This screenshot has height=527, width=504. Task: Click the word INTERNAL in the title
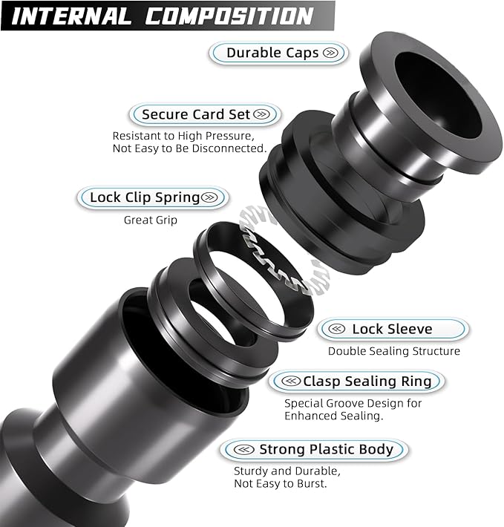point(71,16)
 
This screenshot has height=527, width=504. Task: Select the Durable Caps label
point(273,53)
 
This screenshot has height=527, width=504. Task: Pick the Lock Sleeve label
point(392,329)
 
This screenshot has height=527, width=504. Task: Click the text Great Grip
point(151,220)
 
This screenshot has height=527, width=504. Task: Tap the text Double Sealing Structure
point(394,351)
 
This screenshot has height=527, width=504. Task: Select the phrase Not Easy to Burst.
point(280,484)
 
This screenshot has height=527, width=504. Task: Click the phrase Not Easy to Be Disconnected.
point(189,148)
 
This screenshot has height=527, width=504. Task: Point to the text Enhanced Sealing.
point(334,416)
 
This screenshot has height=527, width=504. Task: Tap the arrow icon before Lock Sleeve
point(337,329)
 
